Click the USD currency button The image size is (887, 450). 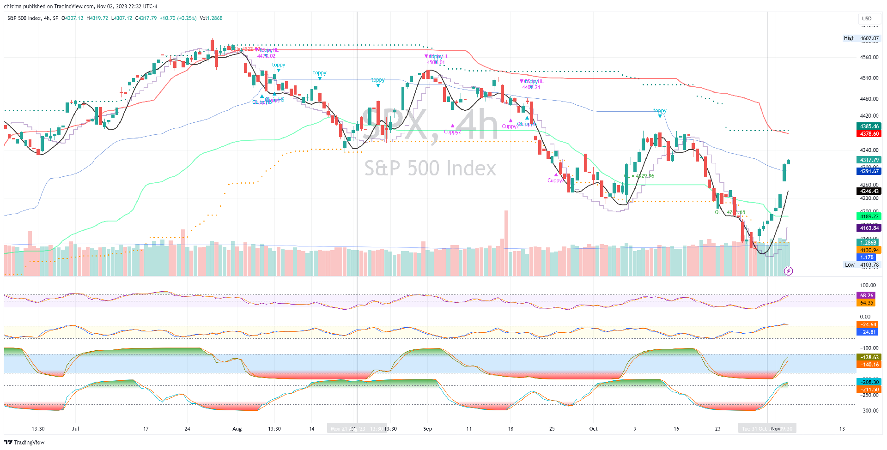point(867,18)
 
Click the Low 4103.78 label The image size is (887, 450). point(862,265)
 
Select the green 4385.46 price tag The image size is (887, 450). point(869,126)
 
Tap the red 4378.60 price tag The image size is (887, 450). point(869,134)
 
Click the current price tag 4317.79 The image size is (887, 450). point(869,160)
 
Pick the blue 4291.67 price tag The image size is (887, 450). point(869,171)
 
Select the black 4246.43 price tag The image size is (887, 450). point(869,191)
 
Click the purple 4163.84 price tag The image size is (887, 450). point(869,228)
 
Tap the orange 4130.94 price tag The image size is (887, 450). point(869,250)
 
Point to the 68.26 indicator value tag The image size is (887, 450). point(866,295)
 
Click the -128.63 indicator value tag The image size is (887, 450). point(869,357)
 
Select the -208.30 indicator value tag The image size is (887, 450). point(869,382)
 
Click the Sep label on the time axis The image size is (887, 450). point(427,429)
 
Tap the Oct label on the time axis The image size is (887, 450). point(593,429)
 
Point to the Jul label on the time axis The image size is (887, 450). point(75,429)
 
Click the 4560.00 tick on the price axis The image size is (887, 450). point(869,58)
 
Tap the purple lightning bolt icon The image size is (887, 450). point(789,271)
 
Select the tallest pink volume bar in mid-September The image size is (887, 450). point(506,243)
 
